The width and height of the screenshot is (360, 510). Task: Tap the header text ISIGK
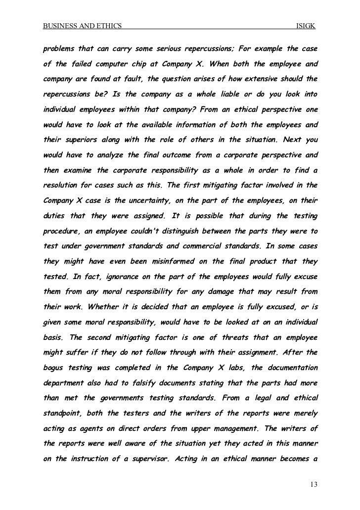coord(306,26)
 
